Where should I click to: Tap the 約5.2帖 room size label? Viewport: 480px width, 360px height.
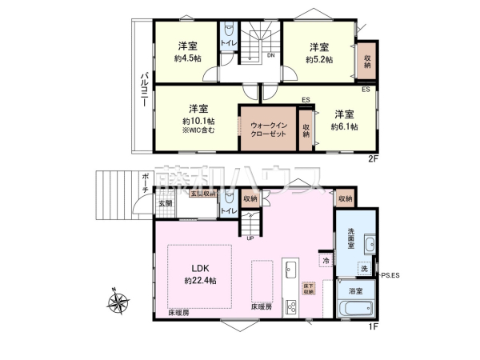pyautogui.click(x=320, y=58)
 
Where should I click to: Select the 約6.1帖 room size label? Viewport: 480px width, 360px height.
pyautogui.click(x=344, y=126)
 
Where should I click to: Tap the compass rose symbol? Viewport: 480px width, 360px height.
pyautogui.click(x=118, y=302)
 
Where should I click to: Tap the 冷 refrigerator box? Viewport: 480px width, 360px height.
pyautogui.click(x=326, y=261)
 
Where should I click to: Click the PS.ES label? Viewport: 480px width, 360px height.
pyautogui.click(x=391, y=276)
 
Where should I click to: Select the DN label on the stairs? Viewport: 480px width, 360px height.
pyautogui.click(x=271, y=55)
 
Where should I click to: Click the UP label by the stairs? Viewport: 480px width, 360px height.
pyautogui.click(x=250, y=238)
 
